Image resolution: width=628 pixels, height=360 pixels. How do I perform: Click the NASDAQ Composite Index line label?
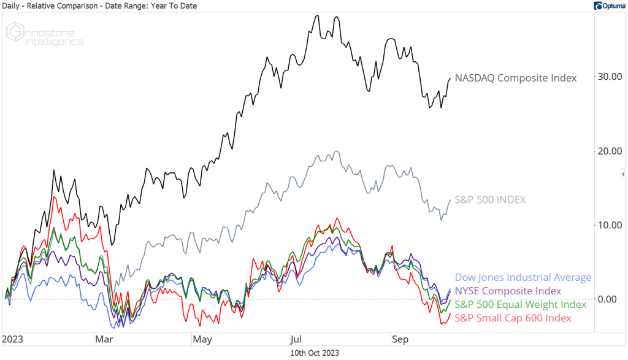[515, 78]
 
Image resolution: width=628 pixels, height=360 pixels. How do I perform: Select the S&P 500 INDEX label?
[490, 200]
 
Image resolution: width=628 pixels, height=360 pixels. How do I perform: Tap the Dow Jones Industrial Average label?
[523, 278]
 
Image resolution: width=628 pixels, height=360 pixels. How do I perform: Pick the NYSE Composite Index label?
[508, 291]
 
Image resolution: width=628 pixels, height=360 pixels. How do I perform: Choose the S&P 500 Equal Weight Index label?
[520, 304]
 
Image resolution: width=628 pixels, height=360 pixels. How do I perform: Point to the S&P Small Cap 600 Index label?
[513, 318]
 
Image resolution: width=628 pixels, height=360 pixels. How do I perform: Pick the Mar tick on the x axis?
[102, 339]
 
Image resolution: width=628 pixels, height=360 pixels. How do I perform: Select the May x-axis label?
[202, 339]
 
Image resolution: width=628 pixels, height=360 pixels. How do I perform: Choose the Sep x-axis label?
[399, 339]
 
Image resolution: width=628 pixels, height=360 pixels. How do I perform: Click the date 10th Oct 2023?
[313, 353]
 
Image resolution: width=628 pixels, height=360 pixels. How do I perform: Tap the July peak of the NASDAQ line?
[317, 16]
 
